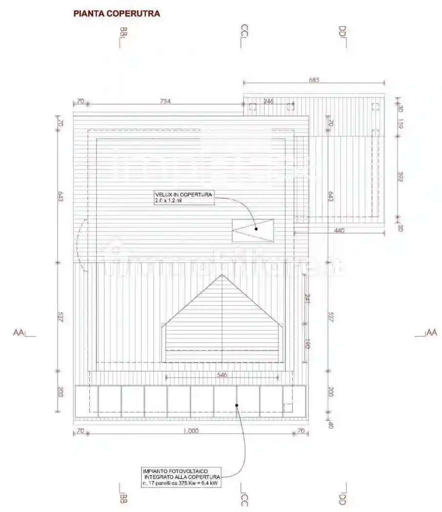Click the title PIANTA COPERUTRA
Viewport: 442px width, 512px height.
pyautogui.click(x=116, y=14)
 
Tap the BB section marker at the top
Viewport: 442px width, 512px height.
pyautogui.click(x=122, y=37)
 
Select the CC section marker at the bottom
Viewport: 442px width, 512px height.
pyautogui.click(x=245, y=493)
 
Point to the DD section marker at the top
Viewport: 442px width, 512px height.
pyautogui.click(x=342, y=37)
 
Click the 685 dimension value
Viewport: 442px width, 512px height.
pyautogui.click(x=314, y=80)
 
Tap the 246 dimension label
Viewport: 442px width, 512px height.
pyautogui.click(x=269, y=101)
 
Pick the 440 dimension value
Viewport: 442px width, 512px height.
pyautogui.click(x=339, y=230)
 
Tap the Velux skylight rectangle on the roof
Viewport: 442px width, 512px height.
pyautogui.click(x=253, y=230)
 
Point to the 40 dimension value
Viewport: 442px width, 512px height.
pyautogui.click(x=331, y=425)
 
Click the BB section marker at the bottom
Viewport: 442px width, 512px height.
pyautogui.click(x=122, y=493)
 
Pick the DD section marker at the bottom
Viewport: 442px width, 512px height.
pyautogui.click(x=342, y=493)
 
